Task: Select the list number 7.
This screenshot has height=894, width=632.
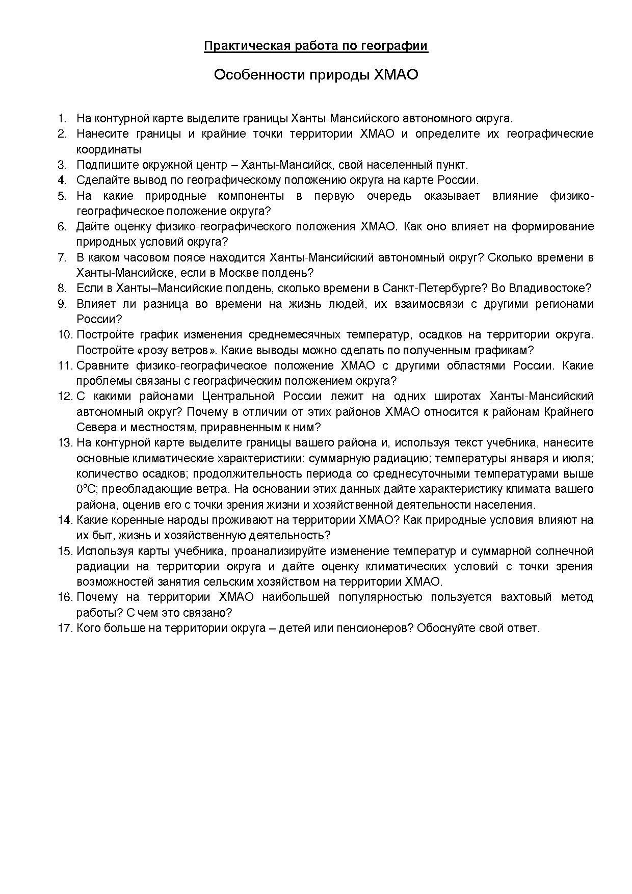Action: [x=62, y=257]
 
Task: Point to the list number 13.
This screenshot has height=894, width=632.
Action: [x=65, y=442]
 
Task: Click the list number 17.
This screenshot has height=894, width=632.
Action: [x=65, y=628]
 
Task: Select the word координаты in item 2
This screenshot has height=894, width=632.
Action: [x=109, y=149]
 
